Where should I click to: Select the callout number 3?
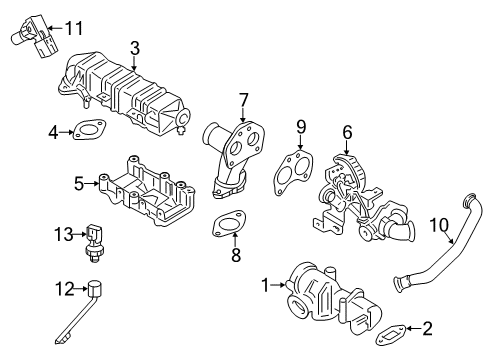click(134, 46)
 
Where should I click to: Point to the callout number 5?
click(78, 183)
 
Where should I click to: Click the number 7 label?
click(243, 99)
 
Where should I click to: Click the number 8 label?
click(236, 256)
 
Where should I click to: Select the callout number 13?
click(63, 235)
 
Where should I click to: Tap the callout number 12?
click(63, 290)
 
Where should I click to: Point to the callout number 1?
click(265, 285)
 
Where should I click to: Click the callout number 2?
click(427, 326)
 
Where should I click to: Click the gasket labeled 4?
click(88, 129)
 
